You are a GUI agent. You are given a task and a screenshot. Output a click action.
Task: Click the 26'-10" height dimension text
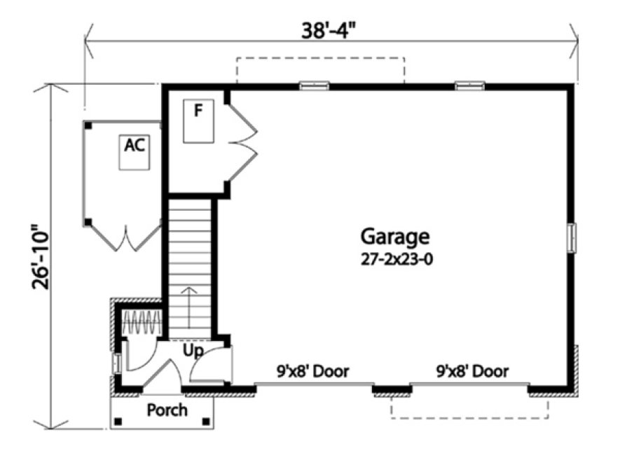tap(36, 257)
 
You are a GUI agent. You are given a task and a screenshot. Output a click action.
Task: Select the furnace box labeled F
tap(198, 120)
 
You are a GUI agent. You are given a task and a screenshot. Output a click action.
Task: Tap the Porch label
tap(167, 410)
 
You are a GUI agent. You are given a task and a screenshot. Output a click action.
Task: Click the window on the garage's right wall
tap(572, 237)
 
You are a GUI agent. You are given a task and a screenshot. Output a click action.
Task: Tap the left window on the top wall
tap(314, 86)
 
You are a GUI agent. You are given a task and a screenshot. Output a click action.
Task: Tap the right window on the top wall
tap(469, 86)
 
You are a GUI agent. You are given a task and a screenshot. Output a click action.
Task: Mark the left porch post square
tap(118, 422)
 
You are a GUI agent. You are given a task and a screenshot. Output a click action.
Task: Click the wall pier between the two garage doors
tap(392, 387)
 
